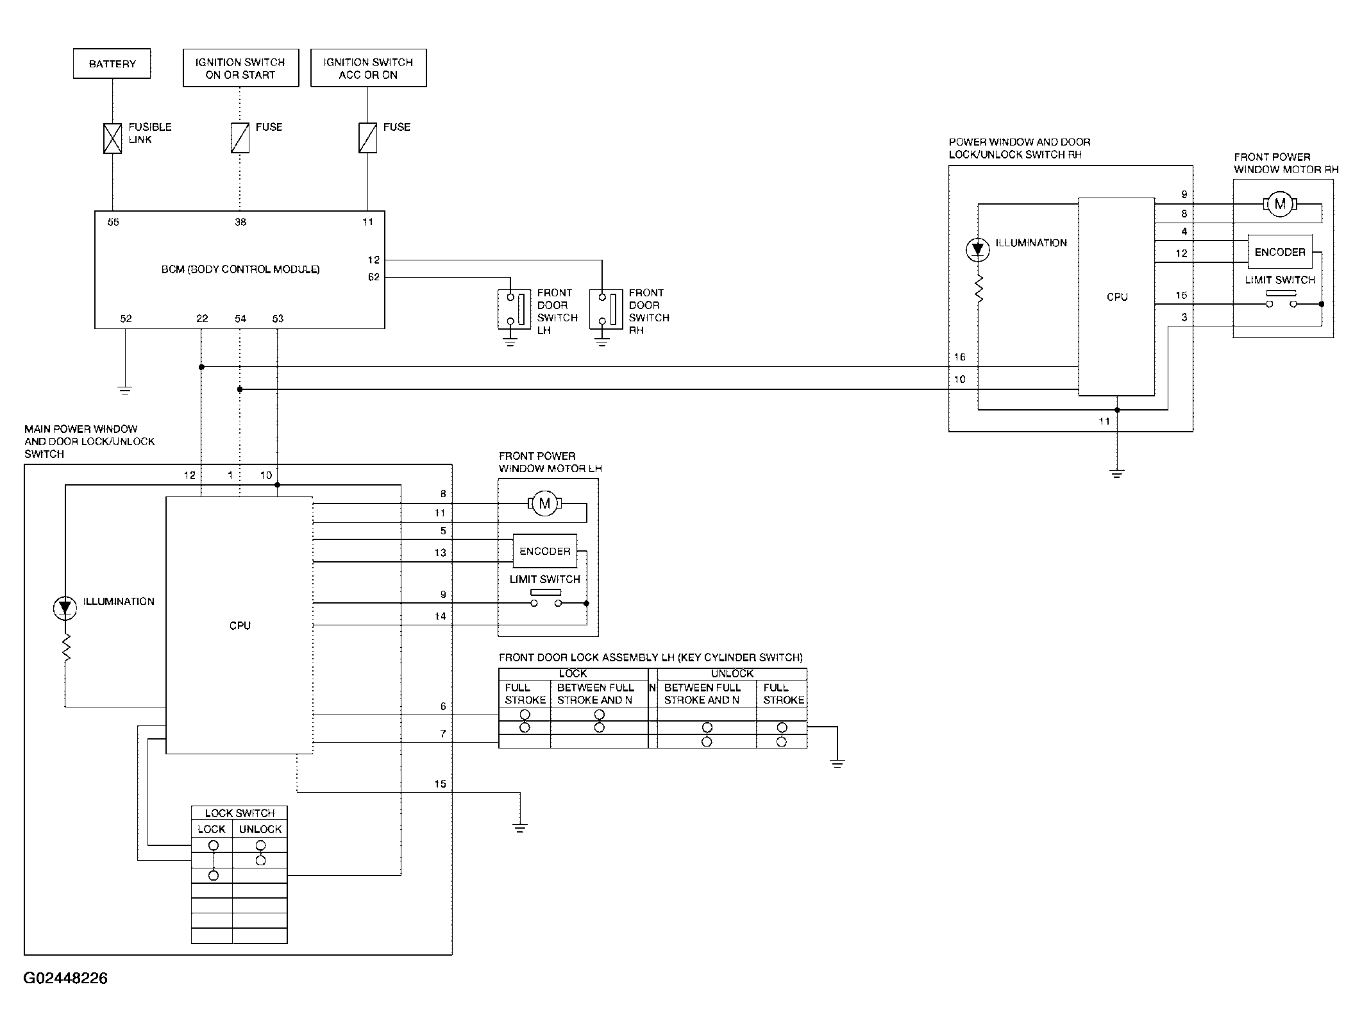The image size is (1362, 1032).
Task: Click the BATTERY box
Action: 112,63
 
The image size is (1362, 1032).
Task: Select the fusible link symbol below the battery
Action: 113,138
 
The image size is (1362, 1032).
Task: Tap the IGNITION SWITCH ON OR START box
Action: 241,68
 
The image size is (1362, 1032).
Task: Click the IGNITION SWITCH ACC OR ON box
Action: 369,68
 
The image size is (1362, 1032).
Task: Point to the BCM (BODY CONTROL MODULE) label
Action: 240,269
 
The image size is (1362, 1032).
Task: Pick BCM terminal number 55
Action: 113,222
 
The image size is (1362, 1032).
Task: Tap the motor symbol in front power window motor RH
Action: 1280,205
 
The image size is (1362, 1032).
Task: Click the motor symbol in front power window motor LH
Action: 544,503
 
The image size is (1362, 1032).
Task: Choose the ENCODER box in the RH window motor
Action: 1280,252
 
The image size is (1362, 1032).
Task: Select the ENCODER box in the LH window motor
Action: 545,551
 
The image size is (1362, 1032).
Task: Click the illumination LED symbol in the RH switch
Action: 978,250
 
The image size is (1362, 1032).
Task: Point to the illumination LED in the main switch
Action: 65,608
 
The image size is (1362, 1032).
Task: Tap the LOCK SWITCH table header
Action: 240,813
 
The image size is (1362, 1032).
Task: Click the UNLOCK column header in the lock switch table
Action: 260,829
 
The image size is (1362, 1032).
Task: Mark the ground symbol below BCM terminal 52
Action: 125,390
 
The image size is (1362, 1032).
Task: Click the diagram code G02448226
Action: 65,978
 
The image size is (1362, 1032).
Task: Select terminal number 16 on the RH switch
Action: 960,357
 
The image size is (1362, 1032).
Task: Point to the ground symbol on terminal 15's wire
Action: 520,828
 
